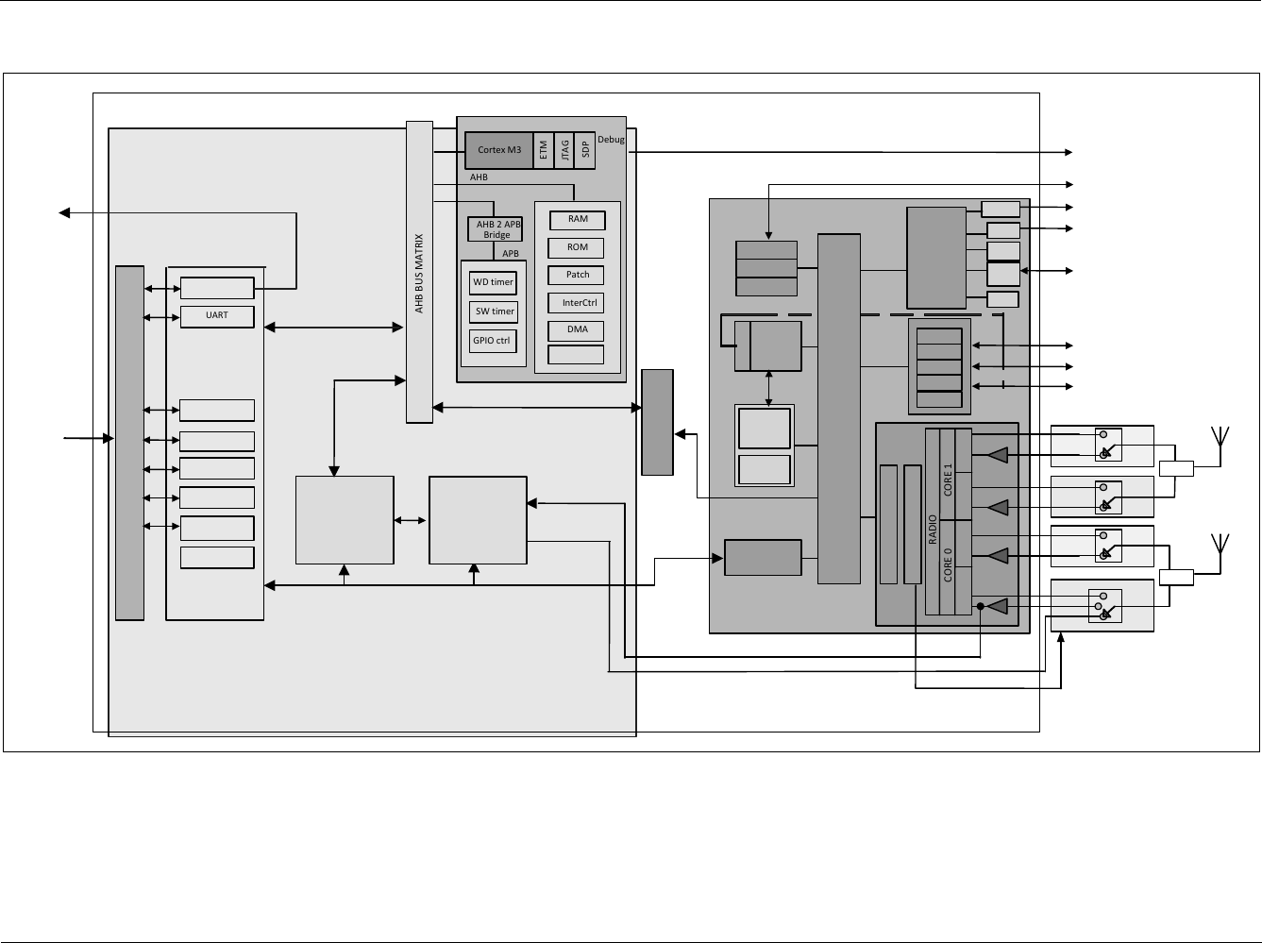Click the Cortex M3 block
coord(498,150)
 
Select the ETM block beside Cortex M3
coord(544,150)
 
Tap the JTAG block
coord(564,150)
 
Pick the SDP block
coord(585,150)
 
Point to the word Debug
coord(611,140)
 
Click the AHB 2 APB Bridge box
coord(496,229)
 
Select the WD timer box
coord(493,282)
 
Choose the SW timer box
coord(494,312)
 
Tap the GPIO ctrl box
coord(492,341)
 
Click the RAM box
coord(577,219)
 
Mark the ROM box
coord(577,247)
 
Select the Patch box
coord(577,275)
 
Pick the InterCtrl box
coord(577,303)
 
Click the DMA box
coord(577,329)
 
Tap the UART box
coord(217,315)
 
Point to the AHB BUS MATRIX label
coord(419,274)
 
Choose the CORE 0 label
coord(948,564)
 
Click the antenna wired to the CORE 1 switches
coord(1220,440)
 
